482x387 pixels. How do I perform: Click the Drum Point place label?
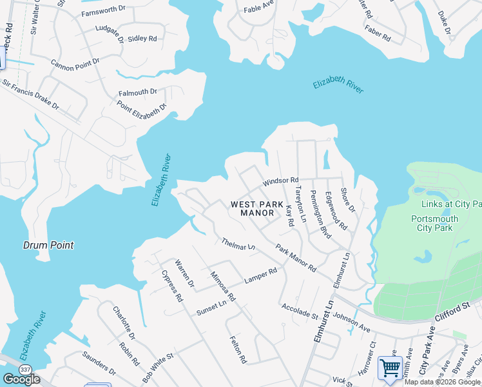[x=48, y=245]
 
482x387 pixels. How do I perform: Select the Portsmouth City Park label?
[x=434, y=223]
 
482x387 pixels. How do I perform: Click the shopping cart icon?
[x=390, y=368]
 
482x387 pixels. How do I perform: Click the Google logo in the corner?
[x=21, y=379]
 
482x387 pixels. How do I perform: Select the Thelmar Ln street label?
[x=238, y=244]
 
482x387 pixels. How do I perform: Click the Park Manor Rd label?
[x=296, y=257]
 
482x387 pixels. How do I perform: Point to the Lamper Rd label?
[x=260, y=276]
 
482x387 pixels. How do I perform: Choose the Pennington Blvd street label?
[x=320, y=215]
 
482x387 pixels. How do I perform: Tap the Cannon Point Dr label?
[x=75, y=62]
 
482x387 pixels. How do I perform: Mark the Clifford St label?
[x=462, y=308]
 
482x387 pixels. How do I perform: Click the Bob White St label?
[x=158, y=365]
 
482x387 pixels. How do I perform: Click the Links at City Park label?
[x=450, y=204]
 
